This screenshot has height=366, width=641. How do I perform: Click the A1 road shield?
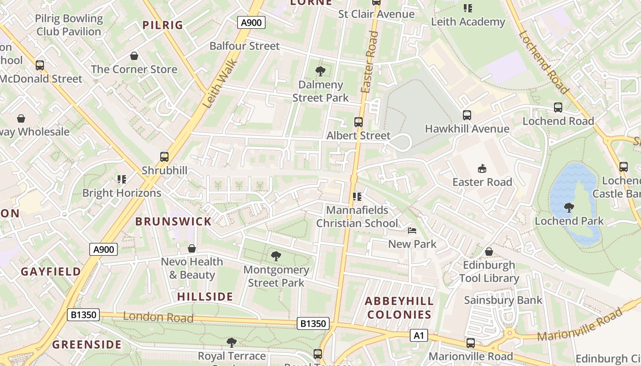click(418, 336)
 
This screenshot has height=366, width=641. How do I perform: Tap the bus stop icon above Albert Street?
click(359, 122)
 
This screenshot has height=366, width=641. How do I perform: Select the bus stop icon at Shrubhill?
click(164, 157)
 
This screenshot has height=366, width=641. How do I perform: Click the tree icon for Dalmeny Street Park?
click(320, 71)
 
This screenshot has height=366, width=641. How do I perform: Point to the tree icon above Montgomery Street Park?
click(276, 256)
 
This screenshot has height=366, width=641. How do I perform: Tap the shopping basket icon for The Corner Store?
click(134, 56)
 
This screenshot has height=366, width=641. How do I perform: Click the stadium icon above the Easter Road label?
click(482, 169)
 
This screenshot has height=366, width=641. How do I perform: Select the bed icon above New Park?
click(412, 231)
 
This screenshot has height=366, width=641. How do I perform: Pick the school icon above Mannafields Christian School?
click(357, 197)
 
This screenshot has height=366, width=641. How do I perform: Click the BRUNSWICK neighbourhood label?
click(174, 221)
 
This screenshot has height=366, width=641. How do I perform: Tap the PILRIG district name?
click(163, 25)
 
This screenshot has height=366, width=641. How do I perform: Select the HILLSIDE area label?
click(205, 296)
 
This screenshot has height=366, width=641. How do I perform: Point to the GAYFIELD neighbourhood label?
click(51, 271)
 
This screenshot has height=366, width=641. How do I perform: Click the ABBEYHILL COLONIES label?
click(399, 308)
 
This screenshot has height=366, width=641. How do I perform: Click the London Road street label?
click(158, 317)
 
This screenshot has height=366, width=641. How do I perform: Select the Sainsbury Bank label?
click(503, 300)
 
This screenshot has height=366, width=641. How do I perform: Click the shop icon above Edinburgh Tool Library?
click(489, 252)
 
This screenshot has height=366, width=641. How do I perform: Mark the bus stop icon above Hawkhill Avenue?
click(467, 115)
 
